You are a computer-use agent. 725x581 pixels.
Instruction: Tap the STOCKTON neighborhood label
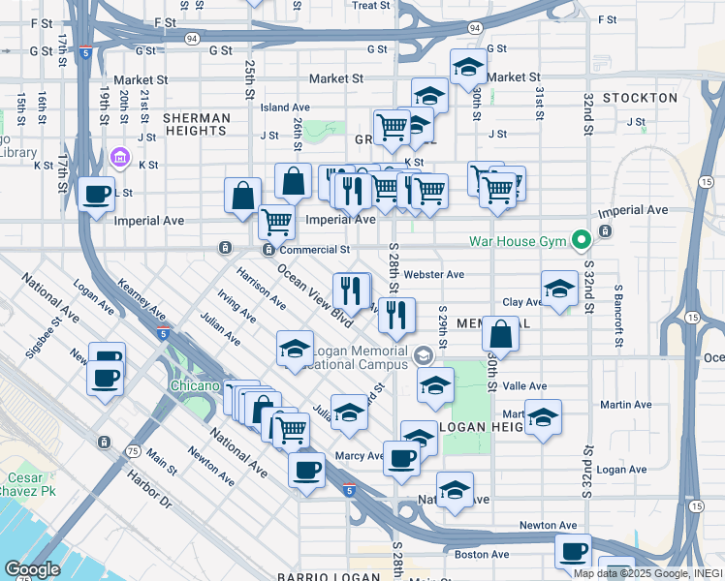click(x=639, y=98)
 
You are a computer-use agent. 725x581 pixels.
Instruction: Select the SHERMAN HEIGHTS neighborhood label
click(x=197, y=125)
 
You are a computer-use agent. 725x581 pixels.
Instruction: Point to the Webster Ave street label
click(x=433, y=275)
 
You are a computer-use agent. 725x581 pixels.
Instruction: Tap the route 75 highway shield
click(x=133, y=452)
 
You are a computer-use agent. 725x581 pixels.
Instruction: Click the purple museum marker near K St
click(x=121, y=157)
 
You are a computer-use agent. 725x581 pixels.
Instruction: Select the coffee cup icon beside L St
click(x=97, y=194)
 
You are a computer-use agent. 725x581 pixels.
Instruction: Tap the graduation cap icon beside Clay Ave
click(x=559, y=289)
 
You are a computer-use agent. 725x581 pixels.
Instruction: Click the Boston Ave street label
click(x=482, y=555)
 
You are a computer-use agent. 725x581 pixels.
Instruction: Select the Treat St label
click(x=370, y=6)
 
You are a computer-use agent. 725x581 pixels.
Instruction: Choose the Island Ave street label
click(x=285, y=107)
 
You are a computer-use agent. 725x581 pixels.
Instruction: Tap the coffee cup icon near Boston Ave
click(x=572, y=551)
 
